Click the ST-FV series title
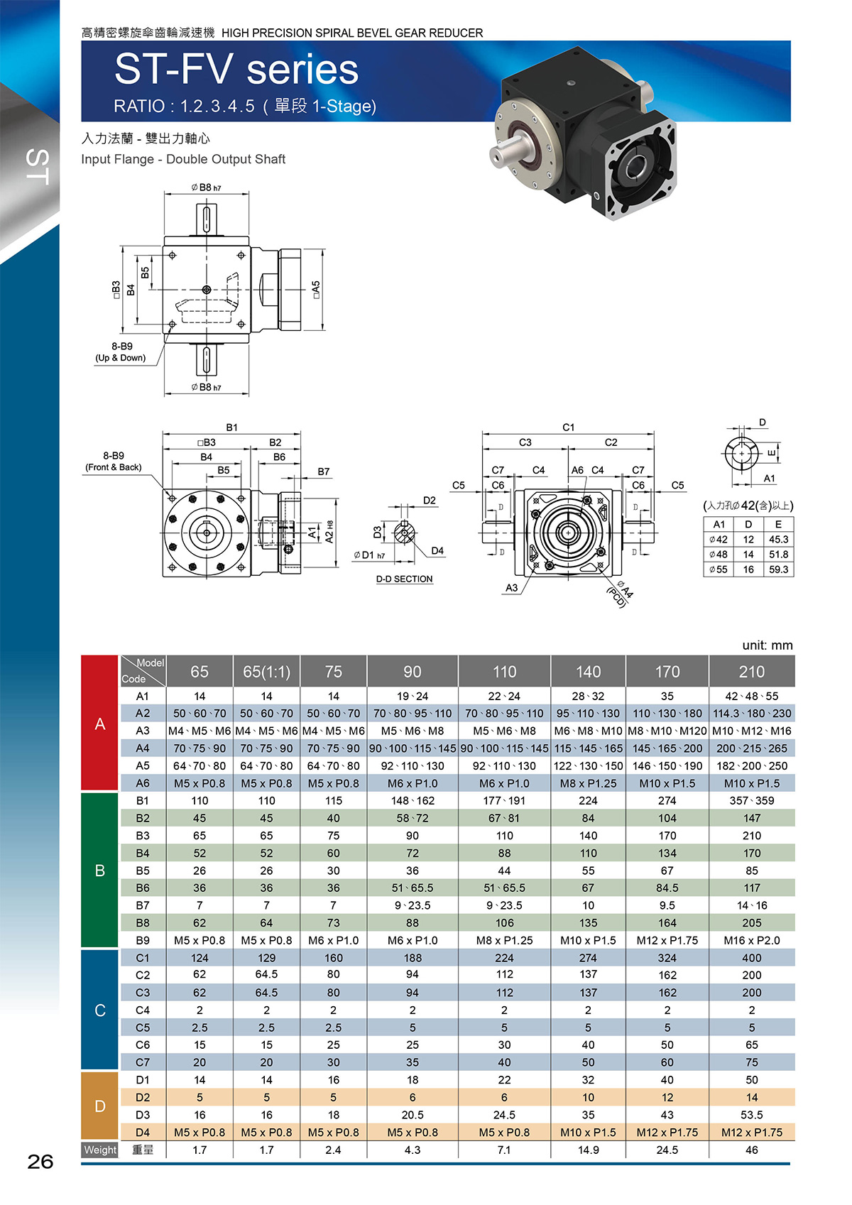point(236,70)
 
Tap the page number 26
point(40,1162)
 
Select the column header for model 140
point(588,671)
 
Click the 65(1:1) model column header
point(266,671)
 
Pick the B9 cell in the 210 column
point(751,940)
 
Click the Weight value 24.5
point(667,1150)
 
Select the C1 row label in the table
point(143,958)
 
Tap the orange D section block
point(99,1106)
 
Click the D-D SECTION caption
point(405,579)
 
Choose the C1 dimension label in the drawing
point(569,427)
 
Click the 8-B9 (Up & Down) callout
point(121,351)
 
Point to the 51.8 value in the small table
point(778,554)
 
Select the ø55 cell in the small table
point(719,569)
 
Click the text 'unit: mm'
point(768,645)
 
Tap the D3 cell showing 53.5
point(751,1115)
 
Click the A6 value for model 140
point(588,783)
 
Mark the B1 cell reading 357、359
point(751,800)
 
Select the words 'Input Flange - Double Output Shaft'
point(183,159)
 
